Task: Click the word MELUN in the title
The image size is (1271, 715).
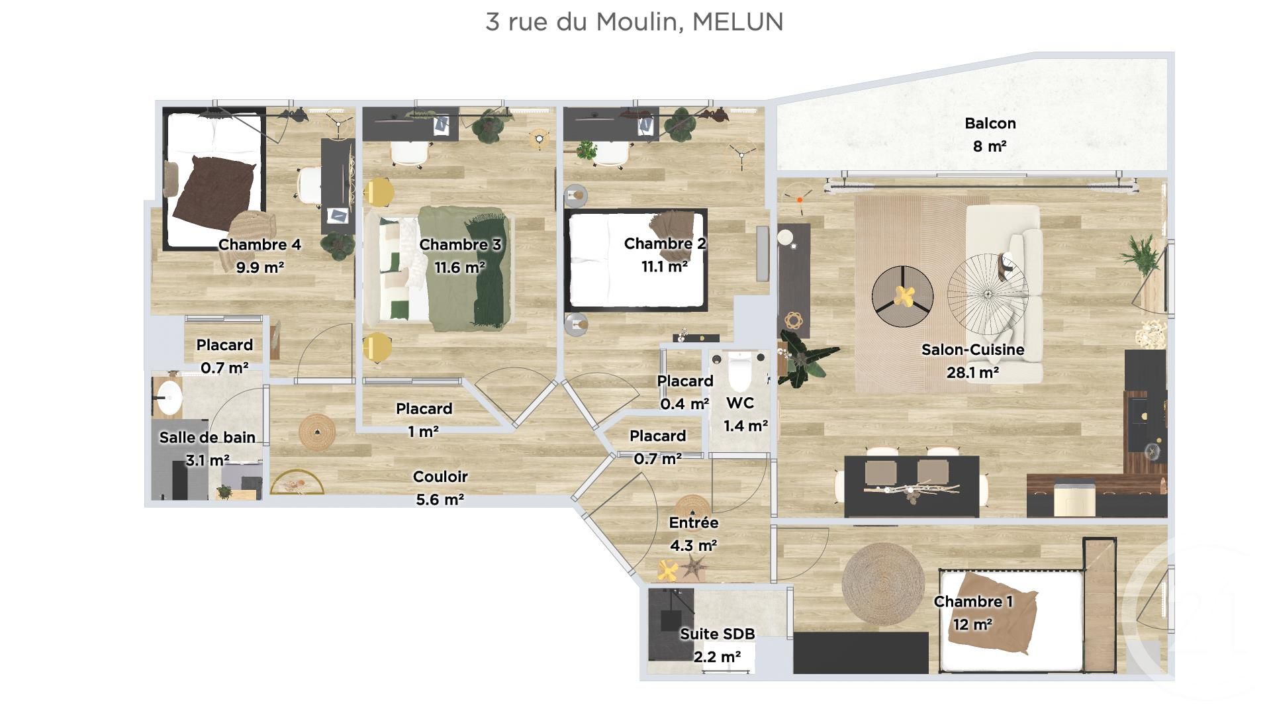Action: point(737,22)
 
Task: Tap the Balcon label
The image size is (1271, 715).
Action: point(990,123)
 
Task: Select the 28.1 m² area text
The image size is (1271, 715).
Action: point(972,373)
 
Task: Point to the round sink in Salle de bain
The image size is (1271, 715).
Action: point(168,397)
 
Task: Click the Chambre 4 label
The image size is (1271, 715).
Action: point(259,244)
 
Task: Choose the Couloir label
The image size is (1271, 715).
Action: point(440,477)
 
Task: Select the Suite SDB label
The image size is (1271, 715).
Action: point(717,634)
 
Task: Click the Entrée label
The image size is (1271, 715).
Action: point(693,522)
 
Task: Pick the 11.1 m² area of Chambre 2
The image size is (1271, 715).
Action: point(664,266)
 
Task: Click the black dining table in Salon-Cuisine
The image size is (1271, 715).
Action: point(911,487)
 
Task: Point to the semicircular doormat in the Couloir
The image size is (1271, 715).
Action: point(297,484)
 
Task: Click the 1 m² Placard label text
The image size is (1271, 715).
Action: point(424,432)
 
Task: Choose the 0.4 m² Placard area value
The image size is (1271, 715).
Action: point(684,404)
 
